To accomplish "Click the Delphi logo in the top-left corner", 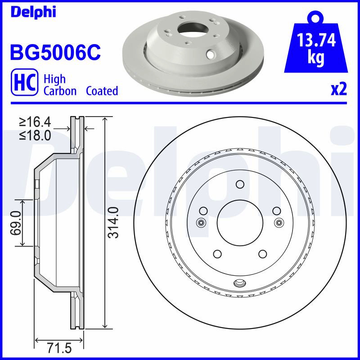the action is (x=33, y=12).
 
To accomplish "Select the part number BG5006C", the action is (x=55, y=52).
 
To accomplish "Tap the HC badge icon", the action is (x=25, y=82).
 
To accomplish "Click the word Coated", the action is (x=102, y=91).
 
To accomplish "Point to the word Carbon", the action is (x=60, y=91).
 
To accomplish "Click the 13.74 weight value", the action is (x=316, y=40).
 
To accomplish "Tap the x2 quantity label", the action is (x=339, y=89).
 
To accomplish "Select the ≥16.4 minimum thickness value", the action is (x=35, y=122).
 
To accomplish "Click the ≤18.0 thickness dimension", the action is (x=35, y=135).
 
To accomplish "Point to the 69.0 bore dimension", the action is (x=16, y=223).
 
